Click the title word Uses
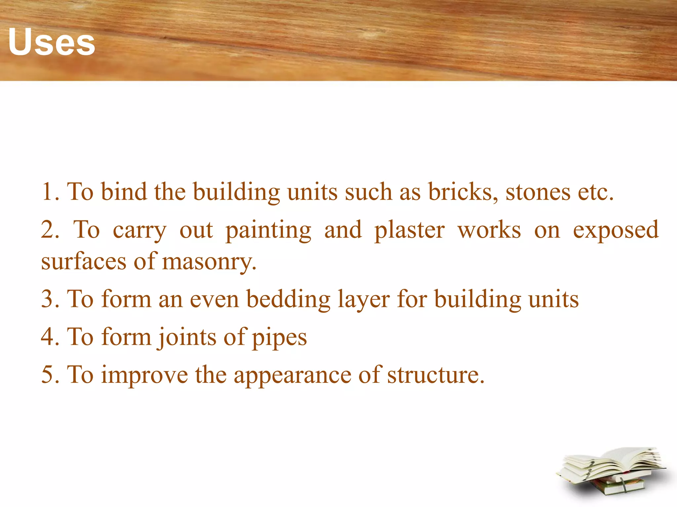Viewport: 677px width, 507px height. [x=52, y=42]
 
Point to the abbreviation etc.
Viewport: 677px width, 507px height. [x=595, y=192]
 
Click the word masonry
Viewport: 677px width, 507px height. [x=209, y=262]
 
